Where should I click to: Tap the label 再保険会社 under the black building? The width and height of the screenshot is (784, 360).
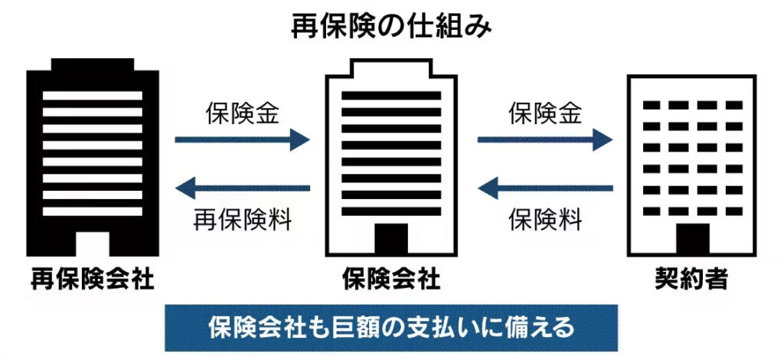click(93, 280)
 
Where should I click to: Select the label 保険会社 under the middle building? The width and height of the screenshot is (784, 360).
click(391, 280)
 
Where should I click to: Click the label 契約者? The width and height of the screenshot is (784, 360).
click(691, 280)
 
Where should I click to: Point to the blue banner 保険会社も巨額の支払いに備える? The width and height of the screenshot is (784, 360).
click(391, 328)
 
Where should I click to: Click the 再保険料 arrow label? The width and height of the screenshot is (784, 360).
click(243, 220)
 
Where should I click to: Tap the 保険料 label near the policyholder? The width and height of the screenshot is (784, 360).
click(546, 220)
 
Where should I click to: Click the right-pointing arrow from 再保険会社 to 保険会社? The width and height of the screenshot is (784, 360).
click(242, 139)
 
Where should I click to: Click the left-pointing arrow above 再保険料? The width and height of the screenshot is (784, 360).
click(242, 188)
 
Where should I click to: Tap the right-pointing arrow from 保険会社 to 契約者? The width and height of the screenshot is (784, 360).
click(545, 139)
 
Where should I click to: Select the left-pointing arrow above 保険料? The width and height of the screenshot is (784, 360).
click(545, 188)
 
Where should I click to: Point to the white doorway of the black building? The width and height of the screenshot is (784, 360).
click(93, 243)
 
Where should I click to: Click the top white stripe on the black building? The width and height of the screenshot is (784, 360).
click(93, 97)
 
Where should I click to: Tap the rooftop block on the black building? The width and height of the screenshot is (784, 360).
click(93, 64)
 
